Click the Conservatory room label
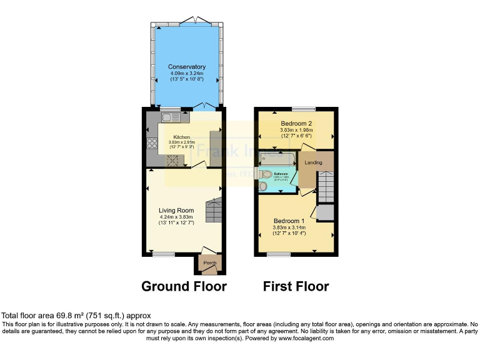pos(186,67)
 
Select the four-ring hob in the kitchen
pos(151,144)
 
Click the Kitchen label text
pos(181,137)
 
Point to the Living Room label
pos(176,211)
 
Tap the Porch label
pos(209,263)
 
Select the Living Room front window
pos(164,254)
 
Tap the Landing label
pos(313,162)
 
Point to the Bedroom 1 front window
pos(278,254)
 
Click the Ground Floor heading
pos(184,287)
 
